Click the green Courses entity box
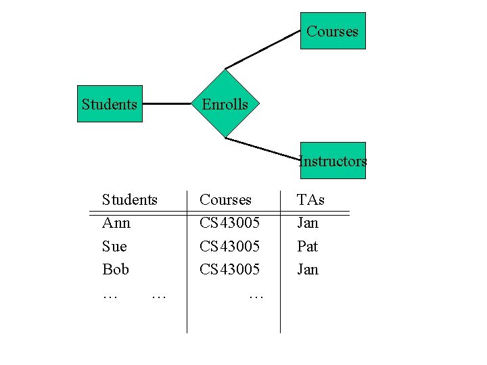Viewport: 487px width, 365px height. (333, 31)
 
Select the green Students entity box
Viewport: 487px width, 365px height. (110, 104)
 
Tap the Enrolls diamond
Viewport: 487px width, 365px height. (225, 104)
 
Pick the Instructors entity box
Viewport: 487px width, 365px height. (333, 161)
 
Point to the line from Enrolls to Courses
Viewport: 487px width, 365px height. (263, 49)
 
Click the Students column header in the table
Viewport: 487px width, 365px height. (129, 200)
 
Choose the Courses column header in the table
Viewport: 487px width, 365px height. (225, 200)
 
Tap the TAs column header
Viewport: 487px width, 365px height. (310, 200)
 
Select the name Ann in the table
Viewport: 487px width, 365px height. (116, 223)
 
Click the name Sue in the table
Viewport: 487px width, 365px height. (114, 246)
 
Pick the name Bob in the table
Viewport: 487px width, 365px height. (116, 269)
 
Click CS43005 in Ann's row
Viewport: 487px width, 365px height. (229, 223)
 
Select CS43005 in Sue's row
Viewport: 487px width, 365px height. (229, 246)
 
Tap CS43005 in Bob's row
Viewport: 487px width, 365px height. (229, 269)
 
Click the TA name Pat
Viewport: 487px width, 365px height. (307, 246)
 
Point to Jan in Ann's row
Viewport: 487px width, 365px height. (307, 223)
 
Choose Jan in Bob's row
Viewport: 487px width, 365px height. (307, 269)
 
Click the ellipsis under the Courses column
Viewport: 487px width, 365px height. (256, 295)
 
